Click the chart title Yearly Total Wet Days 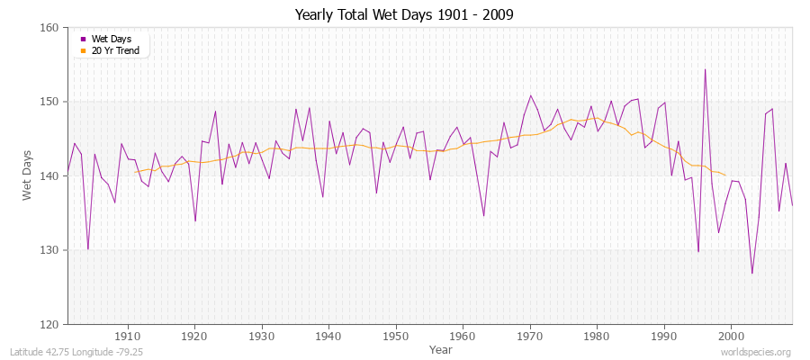pyautogui.click(x=404, y=15)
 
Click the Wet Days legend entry pyautogui.click(x=111, y=40)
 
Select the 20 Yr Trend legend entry pyautogui.click(x=116, y=50)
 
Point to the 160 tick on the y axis pyautogui.click(x=49, y=28)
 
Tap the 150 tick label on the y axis pyautogui.click(x=49, y=102)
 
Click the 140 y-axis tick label pyautogui.click(x=49, y=175)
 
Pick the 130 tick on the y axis pyautogui.click(x=49, y=250)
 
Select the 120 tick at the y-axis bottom pyautogui.click(x=49, y=324)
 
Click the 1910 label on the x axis pyautogui.click(x=128, y=337)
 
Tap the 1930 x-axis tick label pyautogui.click(x=262, y=337)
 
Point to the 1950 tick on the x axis pyautogui.click(x=396, y=337)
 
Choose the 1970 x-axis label pyautogui.click(x=530, y=337)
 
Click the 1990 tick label pyautogui.click(x=664, y=337)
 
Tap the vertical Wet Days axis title pyautogui.click(x=27, y=175)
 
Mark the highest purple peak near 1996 pyautogui.click(x=705, y=69)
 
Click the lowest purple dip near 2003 pyautogui.click(x=751, y=273)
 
